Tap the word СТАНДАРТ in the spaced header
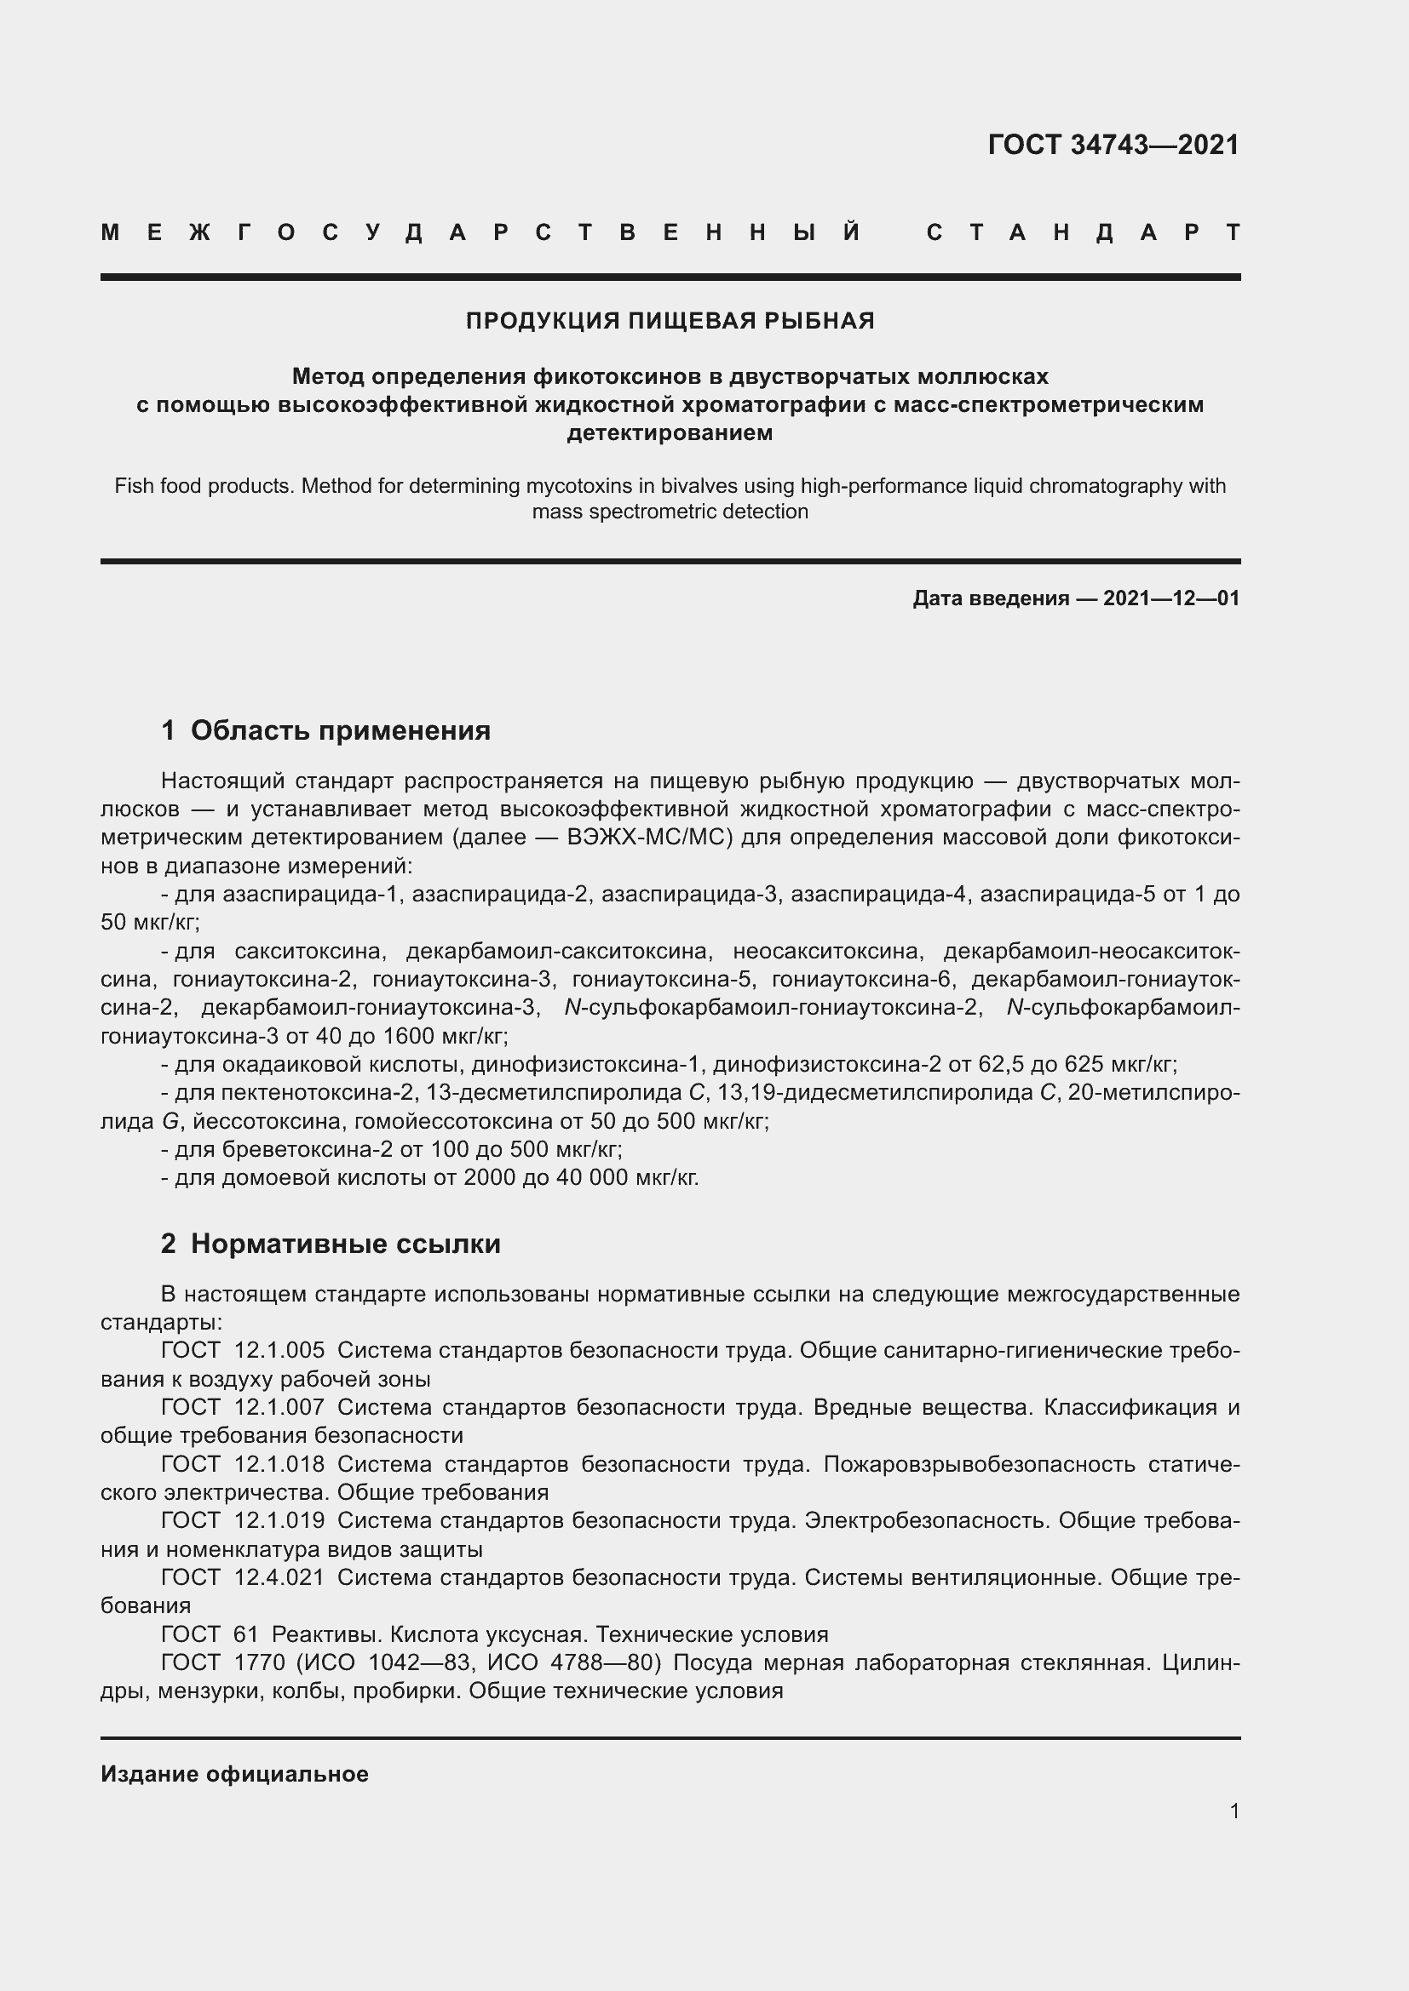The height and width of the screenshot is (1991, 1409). (x=1083, y=232)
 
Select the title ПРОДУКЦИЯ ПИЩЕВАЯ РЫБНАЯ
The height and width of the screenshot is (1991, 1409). (x=670, y=321)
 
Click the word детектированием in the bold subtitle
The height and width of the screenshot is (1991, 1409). (x=669, y=432)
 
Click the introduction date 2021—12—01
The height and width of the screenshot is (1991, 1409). (x=1170, y=598)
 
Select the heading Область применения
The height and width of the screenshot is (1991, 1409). (x=340, y=730)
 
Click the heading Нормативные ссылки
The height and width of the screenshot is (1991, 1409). (x=345, y=1244)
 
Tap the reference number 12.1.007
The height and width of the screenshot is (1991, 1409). (x=279, y=1407)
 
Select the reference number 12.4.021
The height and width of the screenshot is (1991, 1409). (x=279, y=1577)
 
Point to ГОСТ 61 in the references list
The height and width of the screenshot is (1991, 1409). (x=210, y=1634)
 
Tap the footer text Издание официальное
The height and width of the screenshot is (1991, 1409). (x=234, y=1774)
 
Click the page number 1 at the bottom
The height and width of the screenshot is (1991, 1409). (x=1234, y=1811)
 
